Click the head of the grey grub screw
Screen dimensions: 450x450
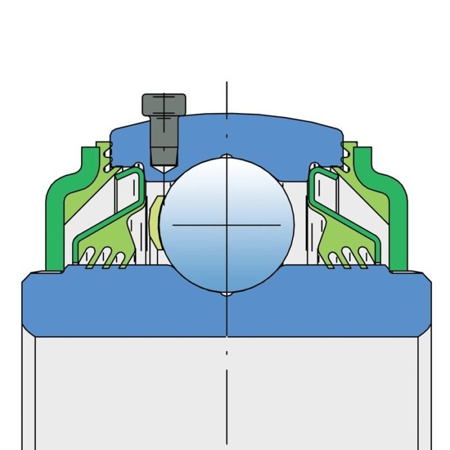click(x=164, y=104)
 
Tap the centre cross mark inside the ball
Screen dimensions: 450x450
click(x=227, y=224)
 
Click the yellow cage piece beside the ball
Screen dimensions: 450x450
click(x=154, y=222)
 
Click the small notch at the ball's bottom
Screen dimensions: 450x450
click(x=227, y=294)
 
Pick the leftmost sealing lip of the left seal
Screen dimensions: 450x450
click(x=91, y=258)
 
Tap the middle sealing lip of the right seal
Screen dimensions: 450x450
click(x=348, y=258)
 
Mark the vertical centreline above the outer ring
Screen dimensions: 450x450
click(x=227, y=96)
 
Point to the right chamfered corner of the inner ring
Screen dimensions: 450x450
click(x=426, y=280)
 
